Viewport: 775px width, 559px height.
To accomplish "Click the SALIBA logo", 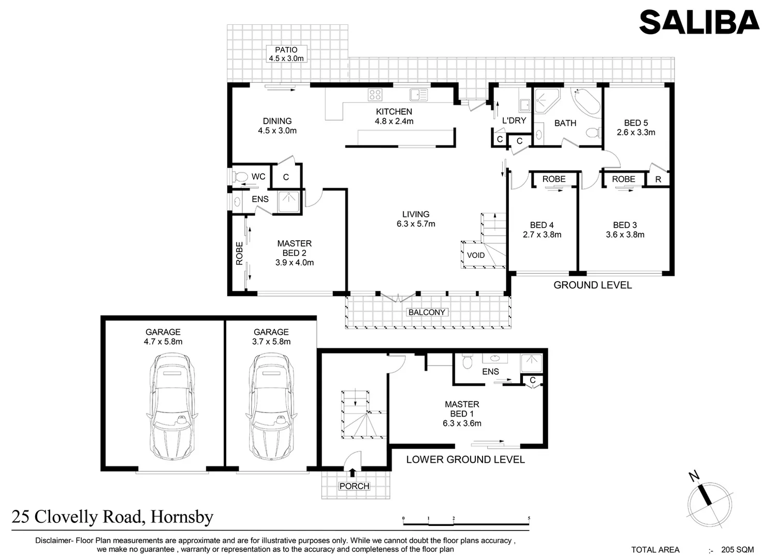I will coord(699,23).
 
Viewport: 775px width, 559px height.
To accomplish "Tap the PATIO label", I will coord(286,50).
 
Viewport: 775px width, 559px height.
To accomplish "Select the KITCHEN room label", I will coord(394,112).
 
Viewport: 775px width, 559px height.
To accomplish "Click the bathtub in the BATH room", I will coord(586,101).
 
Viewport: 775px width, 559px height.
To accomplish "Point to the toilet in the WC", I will coord(240,177).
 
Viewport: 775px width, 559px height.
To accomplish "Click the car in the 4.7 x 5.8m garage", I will coord(172,406).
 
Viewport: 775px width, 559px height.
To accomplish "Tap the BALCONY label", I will coord(427,313).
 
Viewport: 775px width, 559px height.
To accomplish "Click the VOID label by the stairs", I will coord(476,255).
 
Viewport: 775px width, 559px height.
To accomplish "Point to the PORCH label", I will coord(354,487).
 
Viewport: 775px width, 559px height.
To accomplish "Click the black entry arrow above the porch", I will coord(353,472).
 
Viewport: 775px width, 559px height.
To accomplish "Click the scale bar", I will coord(466,519).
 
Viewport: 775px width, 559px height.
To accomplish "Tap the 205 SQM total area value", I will coord(737,550).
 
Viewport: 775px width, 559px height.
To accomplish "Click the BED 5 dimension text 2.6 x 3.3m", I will coord(636,133).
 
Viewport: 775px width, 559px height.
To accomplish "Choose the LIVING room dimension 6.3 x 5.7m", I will coord(416,224).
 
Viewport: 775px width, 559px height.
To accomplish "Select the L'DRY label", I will coord(514,121).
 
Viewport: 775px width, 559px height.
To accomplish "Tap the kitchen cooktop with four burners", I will coord(375,95).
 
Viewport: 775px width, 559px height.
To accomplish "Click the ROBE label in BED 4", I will coord(553,179).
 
